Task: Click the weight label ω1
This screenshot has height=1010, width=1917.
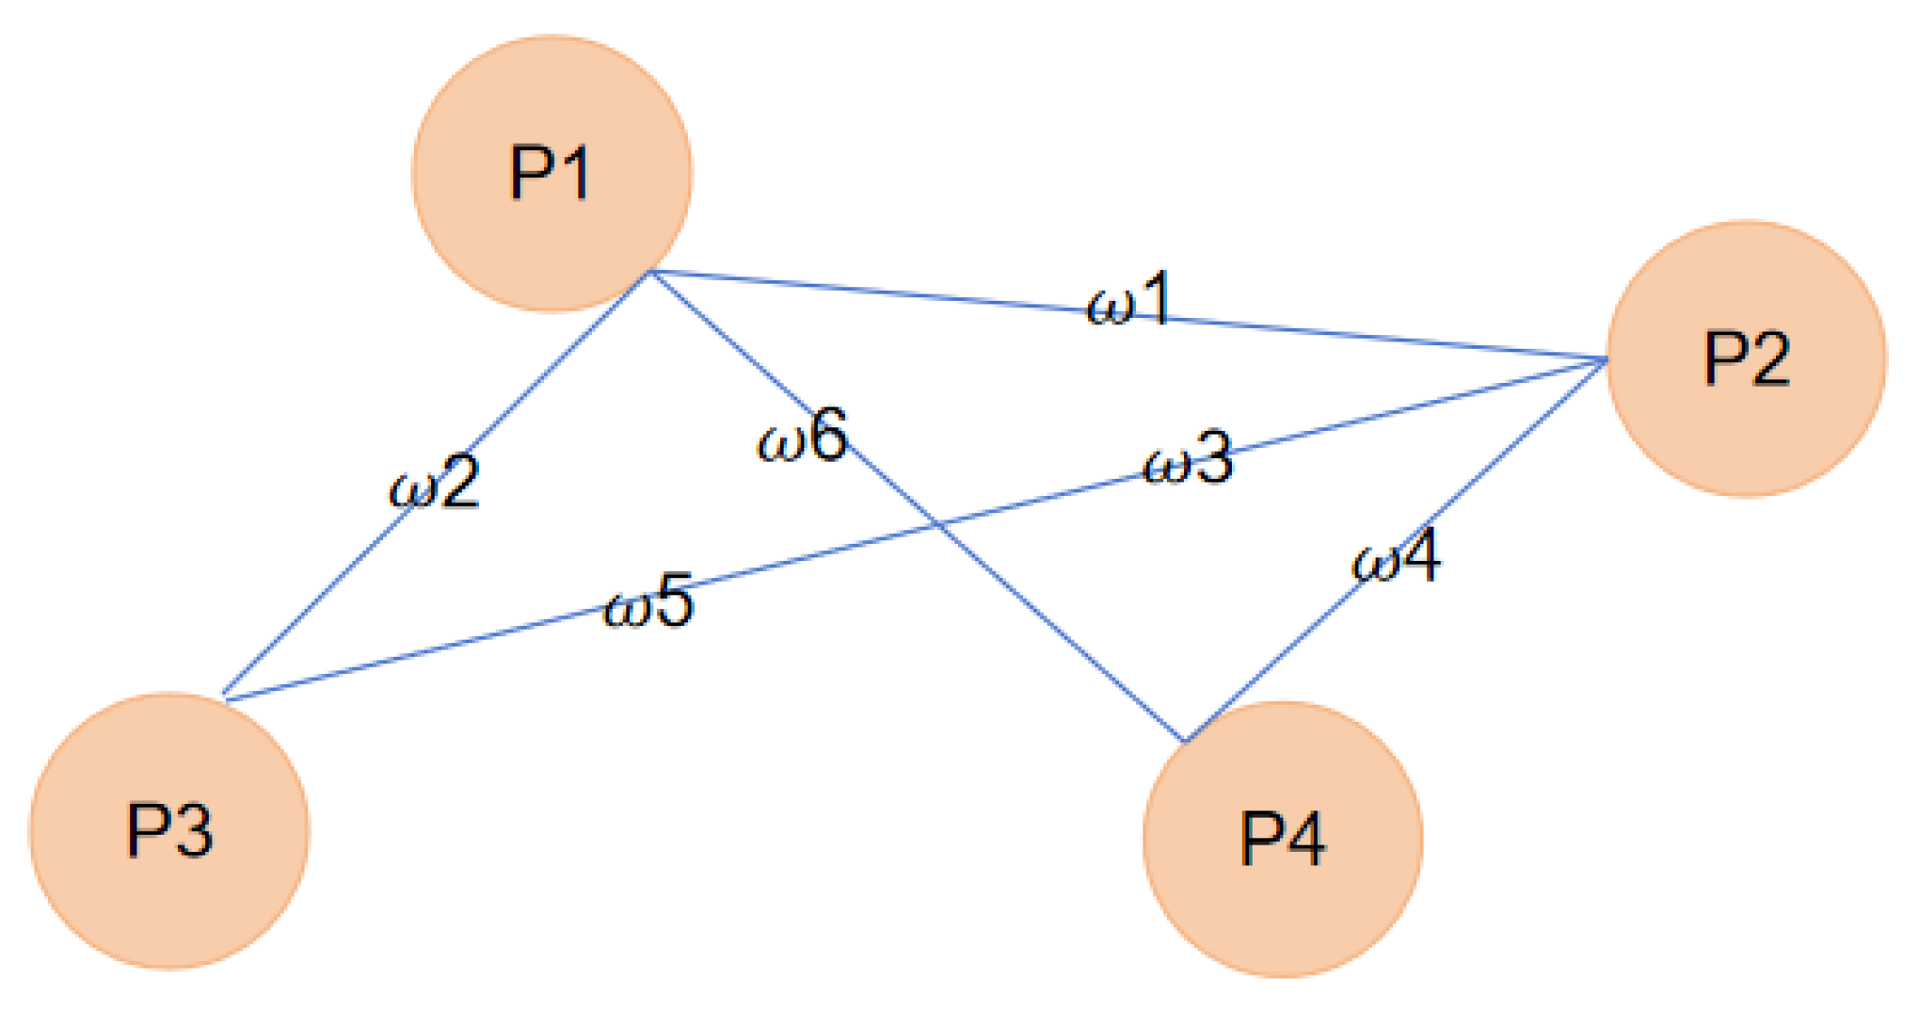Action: pos(1129,299)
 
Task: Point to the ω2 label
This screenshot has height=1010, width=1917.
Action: pos(435,483)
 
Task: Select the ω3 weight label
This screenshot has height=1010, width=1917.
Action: pos(1188,459)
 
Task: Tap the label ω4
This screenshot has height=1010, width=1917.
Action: pos(1395,557)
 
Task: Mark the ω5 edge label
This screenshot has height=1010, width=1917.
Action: pos(649,601)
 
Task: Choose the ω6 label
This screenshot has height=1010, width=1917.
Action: pos(803,436)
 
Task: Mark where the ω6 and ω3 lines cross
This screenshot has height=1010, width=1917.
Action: pos(938,524)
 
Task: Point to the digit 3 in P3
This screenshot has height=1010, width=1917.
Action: pos(193,831)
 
